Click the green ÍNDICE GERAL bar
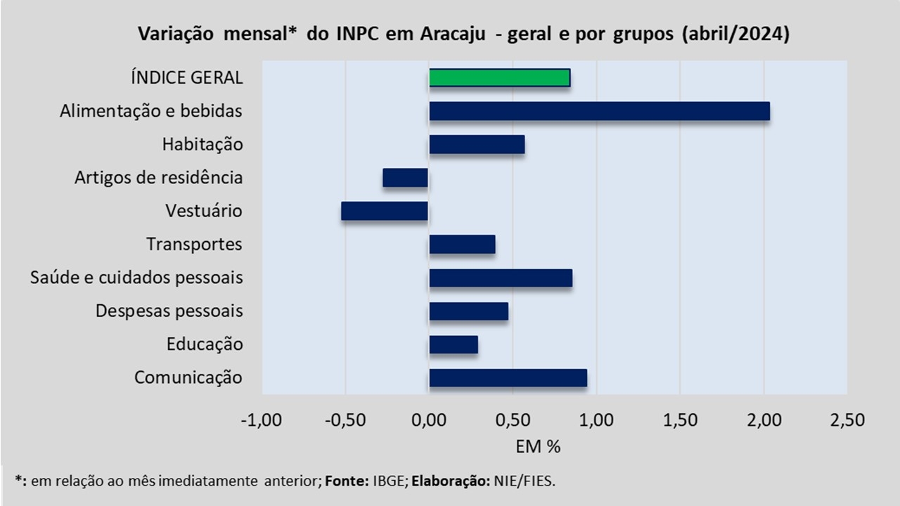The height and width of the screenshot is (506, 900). click(x=499, y=78)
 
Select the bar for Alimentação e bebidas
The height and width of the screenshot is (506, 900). click(x=600, y=111)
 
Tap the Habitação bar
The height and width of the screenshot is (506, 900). click(x=477, y=145)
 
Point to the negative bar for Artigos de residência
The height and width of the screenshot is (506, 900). click(x=406, y=178)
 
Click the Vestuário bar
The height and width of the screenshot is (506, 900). click(x=385, y=212)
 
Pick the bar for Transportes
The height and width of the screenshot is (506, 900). click(x=462, y=245)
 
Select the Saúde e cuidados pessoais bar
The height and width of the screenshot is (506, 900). click(x=501, y=278)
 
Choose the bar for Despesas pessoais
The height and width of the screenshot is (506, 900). click(x=468, y=311)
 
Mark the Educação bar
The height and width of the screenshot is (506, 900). click(x=454, y=344)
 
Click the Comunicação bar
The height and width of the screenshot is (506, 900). click(x=508, y=378)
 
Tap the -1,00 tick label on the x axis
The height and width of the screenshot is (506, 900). click(x=261, y=420)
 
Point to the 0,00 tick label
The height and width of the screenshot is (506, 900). click(x=429, y=420)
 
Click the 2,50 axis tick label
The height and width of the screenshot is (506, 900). click(x=847, y=420)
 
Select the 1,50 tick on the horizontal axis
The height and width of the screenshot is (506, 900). click(x=680, y=420)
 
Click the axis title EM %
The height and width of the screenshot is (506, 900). click(x=538, y=446)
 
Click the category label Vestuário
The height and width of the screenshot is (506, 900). click(x=204, y=211)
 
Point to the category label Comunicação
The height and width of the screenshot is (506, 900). click(x=188, y=378)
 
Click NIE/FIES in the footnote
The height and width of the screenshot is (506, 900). click(x=525, y=481)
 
